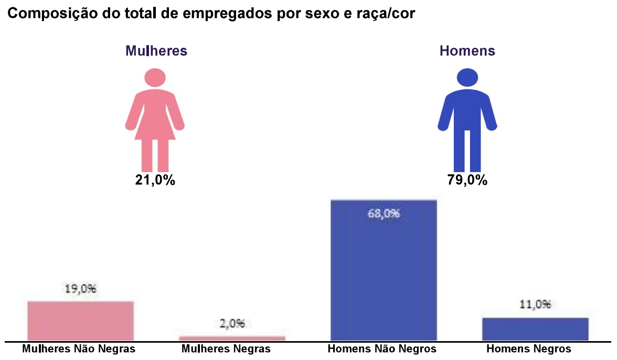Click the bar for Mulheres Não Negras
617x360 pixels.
pos(80,321)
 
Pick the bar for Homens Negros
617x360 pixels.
pos(535,329)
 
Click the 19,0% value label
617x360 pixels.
pos(80,289)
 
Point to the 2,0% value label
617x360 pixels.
pos(232,324)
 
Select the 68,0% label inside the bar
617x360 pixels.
pos(384,214)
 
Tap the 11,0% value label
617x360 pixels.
pos(535,305)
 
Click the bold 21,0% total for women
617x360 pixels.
pos(155,180)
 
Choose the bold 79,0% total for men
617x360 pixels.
pos(467,180)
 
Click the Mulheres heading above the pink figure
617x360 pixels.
pos(156,51)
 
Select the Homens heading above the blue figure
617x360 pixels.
pos(467,51)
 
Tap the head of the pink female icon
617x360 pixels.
pos(155,78)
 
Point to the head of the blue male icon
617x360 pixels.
pos(467,78)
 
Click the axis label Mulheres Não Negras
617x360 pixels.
pos(79,349)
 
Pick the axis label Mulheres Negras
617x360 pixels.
pos(226,349)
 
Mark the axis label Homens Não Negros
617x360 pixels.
pos(381,349)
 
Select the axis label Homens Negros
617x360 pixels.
pos(529,349)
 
